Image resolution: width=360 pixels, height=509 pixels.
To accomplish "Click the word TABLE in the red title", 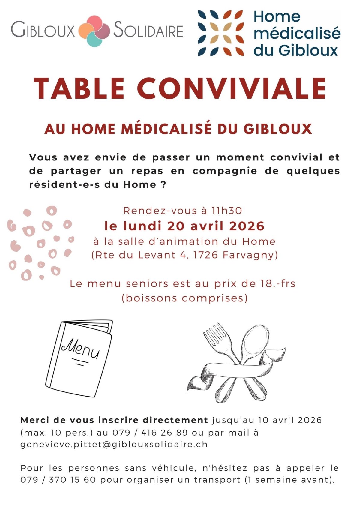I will click(79, 88).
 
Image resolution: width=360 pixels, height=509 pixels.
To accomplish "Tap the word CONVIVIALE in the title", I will click(232, 88).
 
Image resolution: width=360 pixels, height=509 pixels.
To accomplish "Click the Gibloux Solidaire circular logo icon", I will click(94, 31).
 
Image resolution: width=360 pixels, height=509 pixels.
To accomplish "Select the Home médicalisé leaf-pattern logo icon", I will click(220, 33).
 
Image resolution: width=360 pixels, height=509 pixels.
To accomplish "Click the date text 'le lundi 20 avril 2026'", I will click(184, 226).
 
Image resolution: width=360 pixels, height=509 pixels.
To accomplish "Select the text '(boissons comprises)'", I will click(184, 298).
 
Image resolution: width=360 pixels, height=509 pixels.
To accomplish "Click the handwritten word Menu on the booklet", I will click(80, 349).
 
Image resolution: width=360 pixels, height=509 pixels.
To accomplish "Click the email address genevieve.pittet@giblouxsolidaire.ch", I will click(114, 444).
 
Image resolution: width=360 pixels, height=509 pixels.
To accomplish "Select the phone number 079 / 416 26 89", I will click(150, 433).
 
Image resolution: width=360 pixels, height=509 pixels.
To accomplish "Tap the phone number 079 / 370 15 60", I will click(58, 480).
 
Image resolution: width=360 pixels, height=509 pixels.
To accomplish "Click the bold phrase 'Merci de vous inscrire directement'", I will click(114, 420).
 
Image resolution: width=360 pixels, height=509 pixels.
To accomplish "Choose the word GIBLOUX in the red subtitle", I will click(277, 129).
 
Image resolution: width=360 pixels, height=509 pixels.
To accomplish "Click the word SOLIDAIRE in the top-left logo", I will click(148, 31).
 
